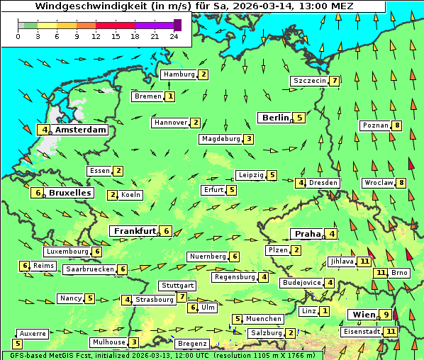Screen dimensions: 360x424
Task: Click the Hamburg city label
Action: (x=179, y=74)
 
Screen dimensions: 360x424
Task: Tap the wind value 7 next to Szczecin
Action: (x=334, y=81)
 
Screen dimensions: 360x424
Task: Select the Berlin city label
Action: (x=274, y=118)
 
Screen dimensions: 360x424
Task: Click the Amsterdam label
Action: (x=80, y=130)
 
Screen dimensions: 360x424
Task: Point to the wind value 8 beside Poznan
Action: (x=397, y=126)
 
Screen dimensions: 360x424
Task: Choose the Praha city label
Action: (x=307, y=234)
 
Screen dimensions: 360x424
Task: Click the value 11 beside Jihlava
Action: (x=364, y=261)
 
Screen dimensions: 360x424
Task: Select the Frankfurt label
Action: (x=134, y=231)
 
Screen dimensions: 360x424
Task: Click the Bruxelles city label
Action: (x=69, y=193)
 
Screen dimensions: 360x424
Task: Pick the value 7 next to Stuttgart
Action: (x=182, y=297)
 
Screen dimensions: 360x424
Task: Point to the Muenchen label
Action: (x=264, y=319)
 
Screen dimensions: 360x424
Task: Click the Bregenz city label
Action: (x=191, y=344)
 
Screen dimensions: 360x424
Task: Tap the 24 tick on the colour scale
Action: (x=174, y=36)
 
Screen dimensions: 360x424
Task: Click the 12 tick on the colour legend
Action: (x=96, y=36)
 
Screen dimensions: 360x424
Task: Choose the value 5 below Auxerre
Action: (x=17, y=344)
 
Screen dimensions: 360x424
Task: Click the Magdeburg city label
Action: (x=221, y=139)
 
